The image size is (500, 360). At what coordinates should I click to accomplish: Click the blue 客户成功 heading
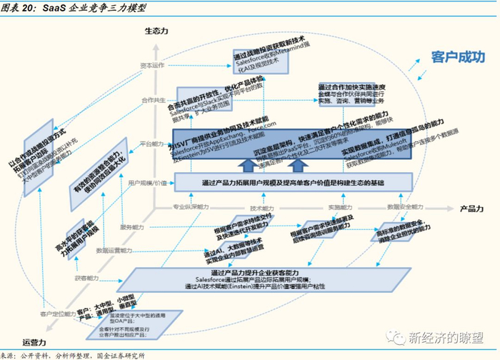[458, 57]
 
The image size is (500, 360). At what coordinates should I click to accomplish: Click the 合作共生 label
[154, 100]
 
